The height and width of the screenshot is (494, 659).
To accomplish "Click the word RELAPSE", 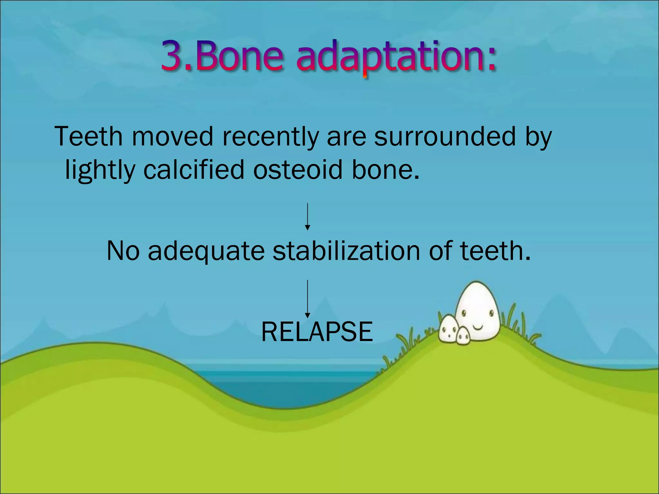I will (317, 332).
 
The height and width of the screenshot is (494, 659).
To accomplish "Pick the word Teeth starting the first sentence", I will (88, 136).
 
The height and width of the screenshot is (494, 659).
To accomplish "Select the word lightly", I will (100, 171).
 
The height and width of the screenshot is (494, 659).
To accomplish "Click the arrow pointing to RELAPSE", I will (308, 299).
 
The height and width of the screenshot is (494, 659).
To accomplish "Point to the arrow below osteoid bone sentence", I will (308, 216).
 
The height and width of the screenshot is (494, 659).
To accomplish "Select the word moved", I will (172, 136).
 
